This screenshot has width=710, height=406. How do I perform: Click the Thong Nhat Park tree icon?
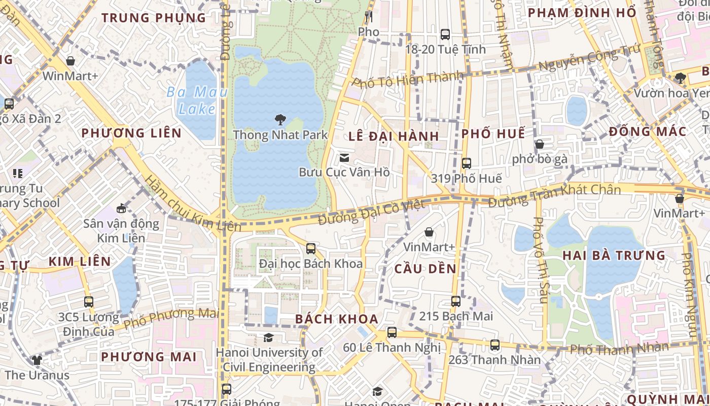[279, 120]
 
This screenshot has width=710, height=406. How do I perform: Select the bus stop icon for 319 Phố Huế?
[466, 163]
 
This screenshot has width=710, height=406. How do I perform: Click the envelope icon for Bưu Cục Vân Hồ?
[344, 157]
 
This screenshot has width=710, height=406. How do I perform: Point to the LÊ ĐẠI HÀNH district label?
[394, 136]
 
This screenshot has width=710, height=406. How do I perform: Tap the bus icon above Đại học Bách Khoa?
[311, 249]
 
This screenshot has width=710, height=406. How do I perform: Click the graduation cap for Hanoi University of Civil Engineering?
[268, 337]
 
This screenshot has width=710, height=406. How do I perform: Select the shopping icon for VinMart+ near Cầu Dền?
[429, 232]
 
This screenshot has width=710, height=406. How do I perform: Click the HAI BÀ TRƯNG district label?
[614, 255]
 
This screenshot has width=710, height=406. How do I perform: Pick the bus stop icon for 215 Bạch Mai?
[456, 301]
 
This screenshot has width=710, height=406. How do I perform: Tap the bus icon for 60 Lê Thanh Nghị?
[392, 333]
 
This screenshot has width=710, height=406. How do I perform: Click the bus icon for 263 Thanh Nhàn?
[495, 345]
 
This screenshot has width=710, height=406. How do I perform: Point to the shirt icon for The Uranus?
[37, 360]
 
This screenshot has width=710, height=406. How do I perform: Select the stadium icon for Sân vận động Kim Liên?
[121, 209]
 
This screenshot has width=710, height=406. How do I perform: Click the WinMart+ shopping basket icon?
[70, 61]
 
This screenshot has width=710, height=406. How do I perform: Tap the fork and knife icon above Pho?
[369, 17]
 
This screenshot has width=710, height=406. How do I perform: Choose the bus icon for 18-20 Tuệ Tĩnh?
[445, 35]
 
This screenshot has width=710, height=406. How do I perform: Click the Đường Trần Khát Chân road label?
[554, 195]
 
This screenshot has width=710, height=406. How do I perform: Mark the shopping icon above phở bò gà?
[540, 144]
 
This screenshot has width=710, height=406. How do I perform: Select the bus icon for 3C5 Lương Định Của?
[89, 302]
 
